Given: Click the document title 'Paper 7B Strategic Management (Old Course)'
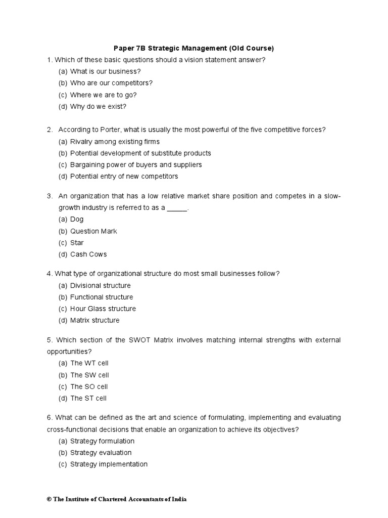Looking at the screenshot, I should click(x=193, y=48).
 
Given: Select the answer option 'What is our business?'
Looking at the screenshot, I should click(x=105, y=71).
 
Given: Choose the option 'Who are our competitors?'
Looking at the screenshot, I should click(x=111, y=83).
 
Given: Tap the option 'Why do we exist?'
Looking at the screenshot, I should click(x=98, y=106).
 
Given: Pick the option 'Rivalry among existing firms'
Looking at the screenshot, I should click(x=115, y=142).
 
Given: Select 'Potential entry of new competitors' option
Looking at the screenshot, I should click(x=124, y=177).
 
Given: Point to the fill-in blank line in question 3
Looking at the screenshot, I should click(x=177, y=208).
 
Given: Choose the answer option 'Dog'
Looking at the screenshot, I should click(x=77, y=220).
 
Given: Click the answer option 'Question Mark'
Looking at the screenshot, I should click(x=93, y=231).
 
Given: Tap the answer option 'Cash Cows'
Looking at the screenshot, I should click(x=88, y=254).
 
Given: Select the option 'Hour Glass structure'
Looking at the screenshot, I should click(x=103, y=309).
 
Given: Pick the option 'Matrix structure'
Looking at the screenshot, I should click(x=95, y=320).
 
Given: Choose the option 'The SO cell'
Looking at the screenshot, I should click(x=89, y=386).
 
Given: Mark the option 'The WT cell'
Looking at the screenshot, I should click(x=89, y=363).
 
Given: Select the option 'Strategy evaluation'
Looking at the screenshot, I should click(x=101, y=453).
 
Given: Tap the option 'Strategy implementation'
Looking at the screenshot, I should click(x=109, y=464).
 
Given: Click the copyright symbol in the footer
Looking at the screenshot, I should click(x=49, y=499).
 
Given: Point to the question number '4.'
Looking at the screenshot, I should click(x=50, y=274).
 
